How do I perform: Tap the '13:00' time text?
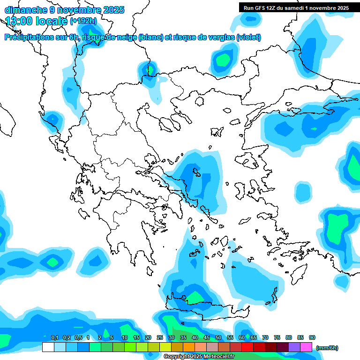tap(19, 21)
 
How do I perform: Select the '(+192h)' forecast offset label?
tap(83, 21)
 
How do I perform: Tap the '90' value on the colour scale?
tap(312, 337)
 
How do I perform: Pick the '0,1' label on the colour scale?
tap(54, 337)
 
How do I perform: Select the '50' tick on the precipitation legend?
tap(218, 337)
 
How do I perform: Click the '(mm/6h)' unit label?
tap(327, 348)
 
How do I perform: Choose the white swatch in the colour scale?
tap(48, 347)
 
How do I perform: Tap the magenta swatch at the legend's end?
tap(306, 347)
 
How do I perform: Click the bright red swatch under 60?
tap(247, 347)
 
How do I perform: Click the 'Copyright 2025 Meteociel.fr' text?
tap(199, 357)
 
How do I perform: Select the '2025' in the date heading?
tap(113, 10)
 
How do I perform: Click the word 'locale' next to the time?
tap(53, 21)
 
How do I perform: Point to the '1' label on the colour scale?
tap(88, 337)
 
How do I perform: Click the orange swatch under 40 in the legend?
tap(189, 347)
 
